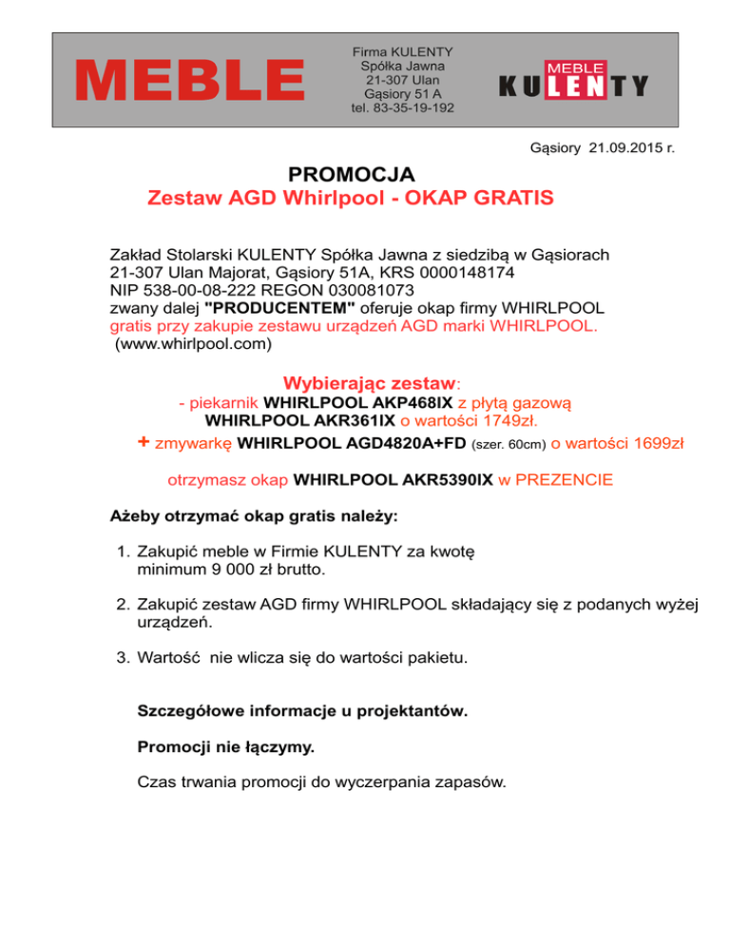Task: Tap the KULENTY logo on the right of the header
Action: (573, 81)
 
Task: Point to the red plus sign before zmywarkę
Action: (144, 441)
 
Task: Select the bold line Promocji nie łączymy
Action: (226, 747)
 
